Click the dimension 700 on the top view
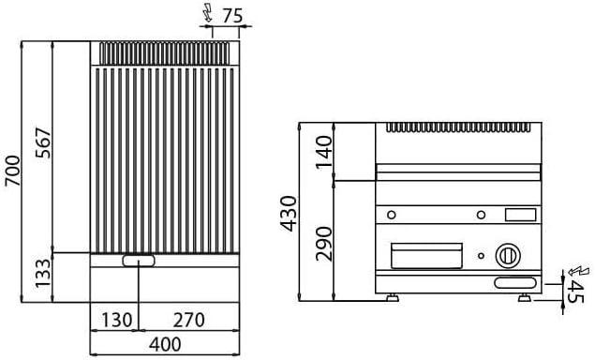point(12,172)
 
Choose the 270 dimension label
point(188,320)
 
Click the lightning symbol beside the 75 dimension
point(207,13)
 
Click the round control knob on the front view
point(507,253)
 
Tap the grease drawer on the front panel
point(427,253)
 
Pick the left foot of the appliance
point(392,298)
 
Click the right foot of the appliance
point(525,298)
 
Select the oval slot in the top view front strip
point(139,261)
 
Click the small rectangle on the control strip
point(520,217)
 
